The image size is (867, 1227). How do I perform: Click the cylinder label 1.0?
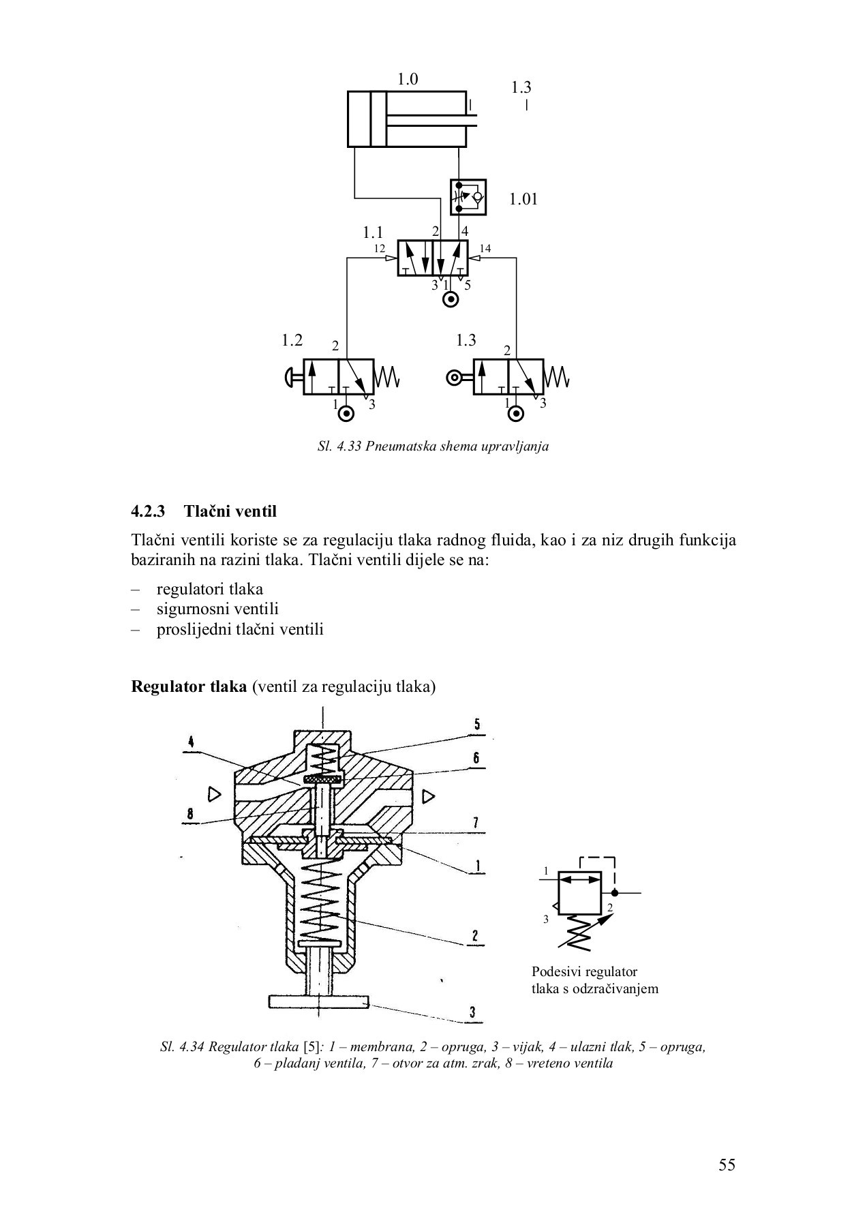click(408, 80)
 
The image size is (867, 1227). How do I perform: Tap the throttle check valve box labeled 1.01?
click(468, 197)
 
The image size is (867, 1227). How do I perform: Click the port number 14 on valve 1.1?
click(485, 249)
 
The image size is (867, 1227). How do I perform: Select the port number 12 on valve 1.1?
click(380, 249)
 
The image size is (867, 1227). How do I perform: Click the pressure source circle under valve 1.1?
click(450, 300)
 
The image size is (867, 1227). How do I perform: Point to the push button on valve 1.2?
click(291, 376)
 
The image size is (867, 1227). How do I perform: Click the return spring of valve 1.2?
click(387, 376)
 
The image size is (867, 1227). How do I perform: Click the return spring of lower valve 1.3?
click(557, 376)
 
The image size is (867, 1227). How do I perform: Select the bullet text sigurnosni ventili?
click(217, 609)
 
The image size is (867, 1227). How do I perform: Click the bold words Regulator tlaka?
click(189, 686)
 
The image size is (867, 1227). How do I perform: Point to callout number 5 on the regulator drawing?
click(476, 724)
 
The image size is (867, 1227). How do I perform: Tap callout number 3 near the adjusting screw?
click(472, 1012)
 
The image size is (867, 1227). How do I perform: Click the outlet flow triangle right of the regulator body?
click(428, 795)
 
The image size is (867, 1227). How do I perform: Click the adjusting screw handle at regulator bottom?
click(318, 1001)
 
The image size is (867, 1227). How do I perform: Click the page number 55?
click(727, 1165)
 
